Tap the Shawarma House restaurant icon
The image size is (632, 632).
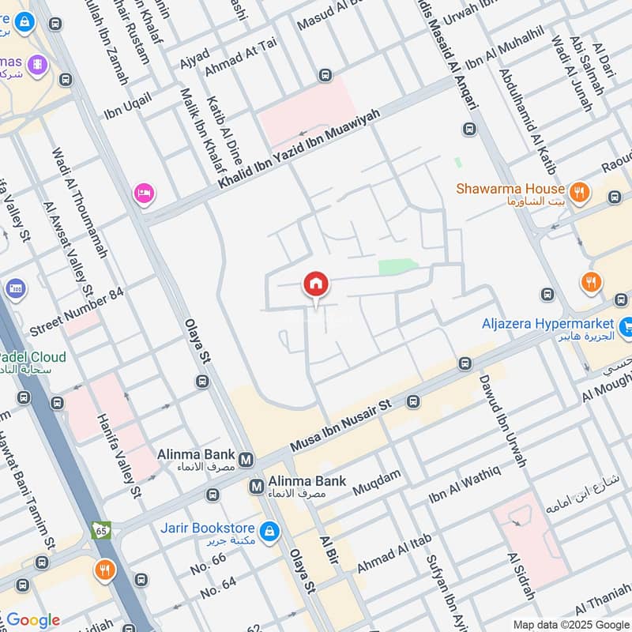[580, 190]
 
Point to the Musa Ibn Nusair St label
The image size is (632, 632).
[342, 427]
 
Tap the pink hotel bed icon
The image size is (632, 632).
[143, 193]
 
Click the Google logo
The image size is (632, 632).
[32, 620]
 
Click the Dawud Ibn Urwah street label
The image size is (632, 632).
[502, 419]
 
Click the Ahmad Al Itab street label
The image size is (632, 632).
[394, 554]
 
